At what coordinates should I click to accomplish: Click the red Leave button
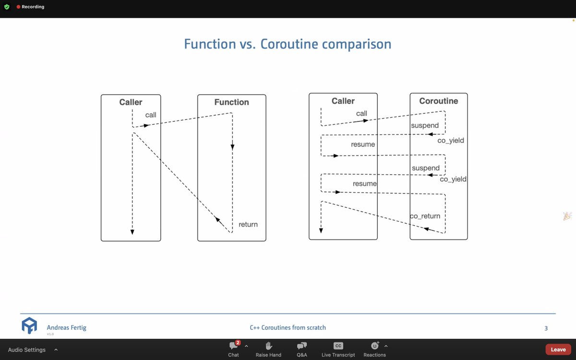[x=558, y=349]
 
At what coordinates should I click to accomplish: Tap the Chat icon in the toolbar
[x=233, y=346]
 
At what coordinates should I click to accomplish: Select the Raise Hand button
[x=268, y=346]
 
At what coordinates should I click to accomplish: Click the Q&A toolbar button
[x=302, y=346]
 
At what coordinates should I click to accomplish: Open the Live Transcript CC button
[x=338, y=346]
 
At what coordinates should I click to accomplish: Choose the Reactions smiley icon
[x=374, y=346]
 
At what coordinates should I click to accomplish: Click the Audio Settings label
[x=27, y=350]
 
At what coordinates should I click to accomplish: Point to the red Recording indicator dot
[x=18, y=7]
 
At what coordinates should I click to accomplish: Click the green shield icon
[x=7, y=7]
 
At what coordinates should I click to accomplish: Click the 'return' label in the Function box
[x=248, y=225]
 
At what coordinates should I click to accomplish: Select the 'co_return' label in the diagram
[x=425, y=216]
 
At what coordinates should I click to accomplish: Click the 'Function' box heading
[x=231, y=102]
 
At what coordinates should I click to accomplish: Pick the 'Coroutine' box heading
[x=438, y=101]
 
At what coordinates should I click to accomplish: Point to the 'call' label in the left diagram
[x=151, y=115]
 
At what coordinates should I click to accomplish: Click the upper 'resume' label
[x=363, y=144]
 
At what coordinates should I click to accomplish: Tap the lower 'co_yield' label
[x=453, y=179]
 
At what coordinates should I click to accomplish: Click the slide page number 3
[x=546, y=328]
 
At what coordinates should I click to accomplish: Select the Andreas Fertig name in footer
[x=66, y=327]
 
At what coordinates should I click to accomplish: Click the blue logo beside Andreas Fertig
[x=29, y=325]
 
